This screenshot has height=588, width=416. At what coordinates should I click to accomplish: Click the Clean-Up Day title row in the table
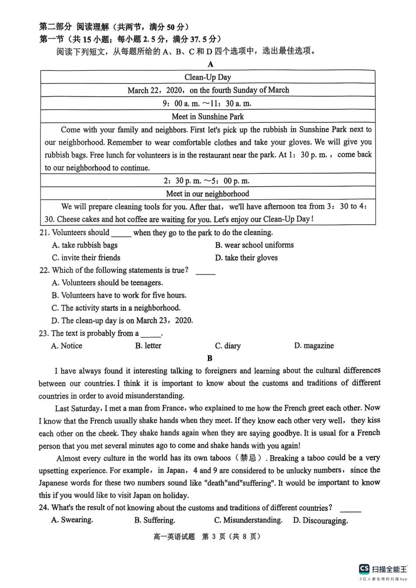coord(208,77)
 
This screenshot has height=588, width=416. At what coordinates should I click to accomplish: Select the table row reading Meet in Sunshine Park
coord(208,116)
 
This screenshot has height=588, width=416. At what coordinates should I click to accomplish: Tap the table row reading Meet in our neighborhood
coord(208,194)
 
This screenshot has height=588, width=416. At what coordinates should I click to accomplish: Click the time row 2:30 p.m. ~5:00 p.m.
coord(208,181)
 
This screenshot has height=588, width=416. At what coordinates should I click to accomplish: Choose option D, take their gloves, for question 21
coord(246,258)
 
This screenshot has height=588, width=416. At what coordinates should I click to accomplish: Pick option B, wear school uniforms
coord(254,245)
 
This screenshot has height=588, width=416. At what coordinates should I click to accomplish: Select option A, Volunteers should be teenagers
coord(107,283)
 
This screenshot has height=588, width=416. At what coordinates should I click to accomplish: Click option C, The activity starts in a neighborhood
coord(116,308)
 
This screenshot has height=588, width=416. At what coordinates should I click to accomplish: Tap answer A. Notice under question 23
coord(67,346)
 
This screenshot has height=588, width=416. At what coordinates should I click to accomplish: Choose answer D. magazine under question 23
coord(314,346)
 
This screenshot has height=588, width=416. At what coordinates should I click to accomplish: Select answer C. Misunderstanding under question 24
coord(248,520)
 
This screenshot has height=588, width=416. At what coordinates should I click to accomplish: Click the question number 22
coord(44,270)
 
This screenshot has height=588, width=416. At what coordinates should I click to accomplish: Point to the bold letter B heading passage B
coord(210,358)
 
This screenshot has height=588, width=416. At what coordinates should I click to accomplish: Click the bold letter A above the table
coord(211,64)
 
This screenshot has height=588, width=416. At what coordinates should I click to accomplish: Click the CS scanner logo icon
coord(364,568)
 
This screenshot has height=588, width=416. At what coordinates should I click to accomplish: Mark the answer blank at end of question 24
coord(350,509)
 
